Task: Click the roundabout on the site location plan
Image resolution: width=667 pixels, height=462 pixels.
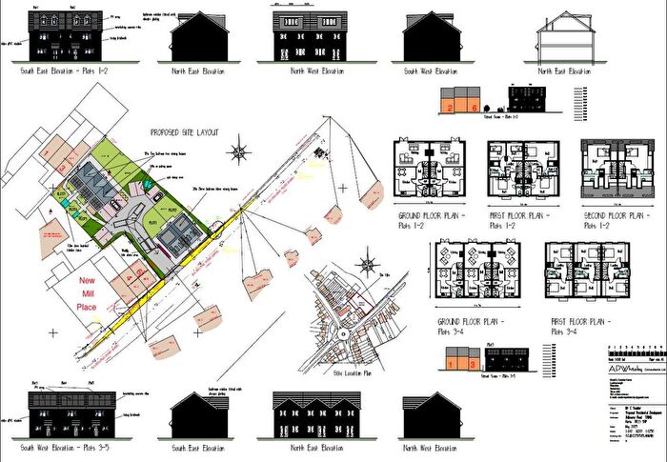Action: tap(341, 335)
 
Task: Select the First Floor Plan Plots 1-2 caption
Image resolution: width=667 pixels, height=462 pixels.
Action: tap(517, 220)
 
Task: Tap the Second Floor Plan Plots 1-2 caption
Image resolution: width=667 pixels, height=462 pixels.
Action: tap(613, 220)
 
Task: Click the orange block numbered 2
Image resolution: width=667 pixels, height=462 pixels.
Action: tap(448, 106)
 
